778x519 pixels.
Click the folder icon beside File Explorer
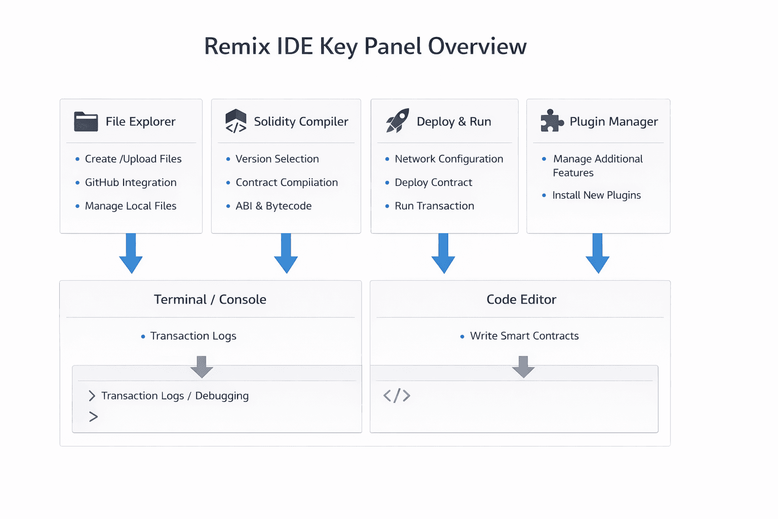click(x=86, y=122)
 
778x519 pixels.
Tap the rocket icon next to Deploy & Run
click(x=398, y=121)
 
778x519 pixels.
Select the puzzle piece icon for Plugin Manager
click(x=552, y=121)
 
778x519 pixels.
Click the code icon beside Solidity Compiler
click(x=236, y=122)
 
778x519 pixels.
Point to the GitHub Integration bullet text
click(x=131, y=182)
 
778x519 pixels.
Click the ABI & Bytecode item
click(x=274, y=206)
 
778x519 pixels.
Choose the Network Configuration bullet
click(x=449, y=159)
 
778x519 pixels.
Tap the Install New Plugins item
click(x=596, y=195)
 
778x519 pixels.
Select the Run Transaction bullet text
click(x=434, y=206)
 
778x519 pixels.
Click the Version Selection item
click(x=277, y=159)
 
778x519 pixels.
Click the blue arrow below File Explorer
click(x=131, y=253)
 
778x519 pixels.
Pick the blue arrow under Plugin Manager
click(x=597, y=253)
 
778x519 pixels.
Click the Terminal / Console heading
click(x=210, y=300)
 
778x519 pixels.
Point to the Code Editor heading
click(x=521, y=300)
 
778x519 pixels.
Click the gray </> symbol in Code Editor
click(x=397, y=395)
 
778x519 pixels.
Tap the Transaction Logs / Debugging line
click(x=175, y=396)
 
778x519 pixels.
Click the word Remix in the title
click(x=237, y=47)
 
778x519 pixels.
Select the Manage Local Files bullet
click(x=131, y=206)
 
